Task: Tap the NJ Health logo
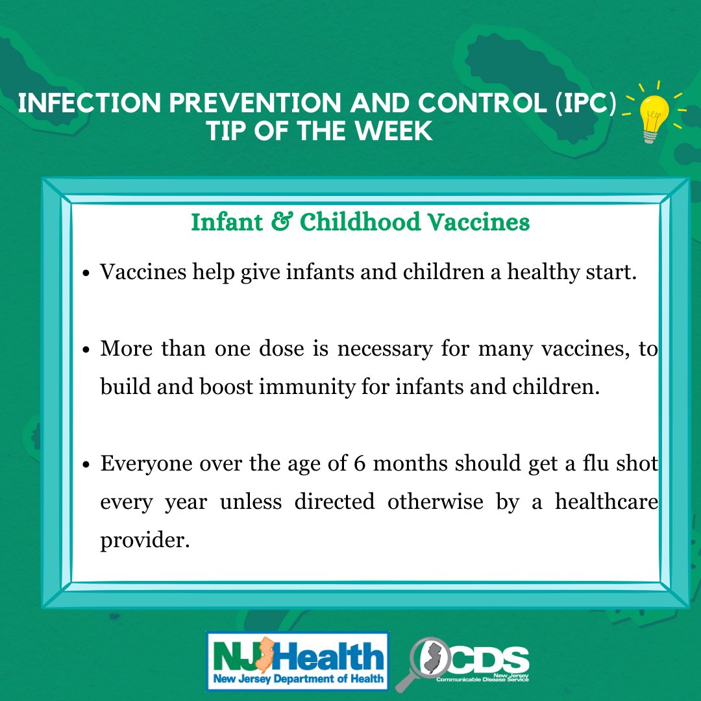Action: click(x=298, y=661)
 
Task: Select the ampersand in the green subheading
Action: click(x=282, y=221)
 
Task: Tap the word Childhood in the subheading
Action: click(x=360, y=221)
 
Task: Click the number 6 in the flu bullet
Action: click(x=360, y=463)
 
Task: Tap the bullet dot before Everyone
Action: click(x=87, y=465)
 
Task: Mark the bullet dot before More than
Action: click(x=87, y=350)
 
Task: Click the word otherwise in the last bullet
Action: click(x=436, y=501)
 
